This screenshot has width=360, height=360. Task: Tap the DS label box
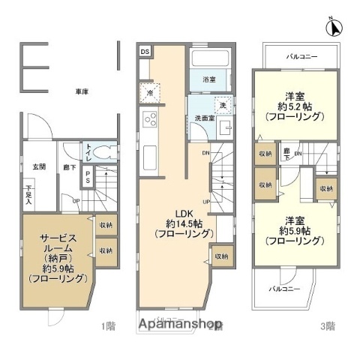click(145, 51)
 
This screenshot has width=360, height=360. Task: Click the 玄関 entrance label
click(36, 166)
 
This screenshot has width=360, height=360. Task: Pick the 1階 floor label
click(109, 326)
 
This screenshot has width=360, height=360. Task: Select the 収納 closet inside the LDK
click(221, 256)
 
